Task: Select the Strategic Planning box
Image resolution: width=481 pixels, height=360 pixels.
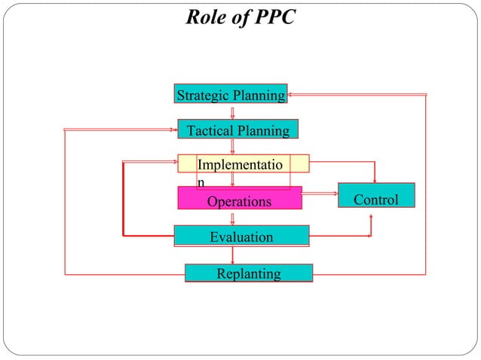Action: [231, 94]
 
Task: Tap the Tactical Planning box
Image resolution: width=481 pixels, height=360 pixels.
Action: [237, 130]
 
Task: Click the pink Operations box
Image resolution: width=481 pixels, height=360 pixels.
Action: [239, 200]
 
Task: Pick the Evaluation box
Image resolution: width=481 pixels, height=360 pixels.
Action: [241, 236]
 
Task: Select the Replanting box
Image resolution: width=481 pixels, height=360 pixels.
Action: [249, 273]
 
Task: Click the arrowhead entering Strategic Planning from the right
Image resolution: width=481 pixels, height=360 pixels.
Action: [291, 94]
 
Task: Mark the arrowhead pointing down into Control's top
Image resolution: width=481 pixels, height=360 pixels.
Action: [375, 179]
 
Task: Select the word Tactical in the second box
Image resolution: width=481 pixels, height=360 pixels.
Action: [210, 131]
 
